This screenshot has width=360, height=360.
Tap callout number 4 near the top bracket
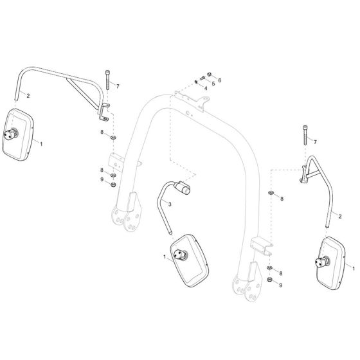point(205,87)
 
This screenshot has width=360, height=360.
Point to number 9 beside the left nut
point(102,179)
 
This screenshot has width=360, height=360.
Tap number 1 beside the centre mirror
point(165,257)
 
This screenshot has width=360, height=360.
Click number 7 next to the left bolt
point(118,85)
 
